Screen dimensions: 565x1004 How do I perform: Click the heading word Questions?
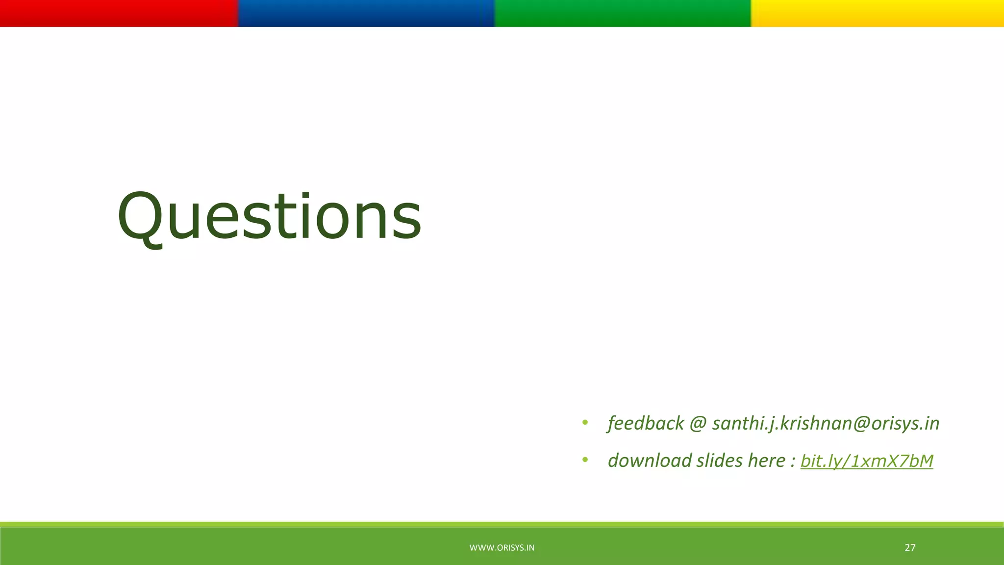[x=269, y=217]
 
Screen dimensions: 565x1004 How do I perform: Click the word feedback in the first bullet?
[x=646, y=423]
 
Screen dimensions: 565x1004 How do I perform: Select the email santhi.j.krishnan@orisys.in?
[x=826, y=423]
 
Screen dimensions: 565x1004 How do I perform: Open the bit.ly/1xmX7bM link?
[x=867, y=461]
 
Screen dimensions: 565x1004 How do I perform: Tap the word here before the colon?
[x=767, y=461]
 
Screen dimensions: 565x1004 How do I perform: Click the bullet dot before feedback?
[x=585, y=422]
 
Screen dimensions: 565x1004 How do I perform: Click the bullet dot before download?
[x=585, y=460]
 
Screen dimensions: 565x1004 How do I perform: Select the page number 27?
[x=910, y=548]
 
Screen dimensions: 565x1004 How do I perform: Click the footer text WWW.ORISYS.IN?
[x=502, y=548]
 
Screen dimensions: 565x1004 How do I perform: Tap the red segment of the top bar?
[x=119, y=13]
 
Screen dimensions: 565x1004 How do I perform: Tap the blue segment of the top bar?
[x=366, y=13]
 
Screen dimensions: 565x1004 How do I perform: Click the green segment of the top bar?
[x=623, y=13]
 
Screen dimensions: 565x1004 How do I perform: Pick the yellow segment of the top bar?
[x=878, y=13]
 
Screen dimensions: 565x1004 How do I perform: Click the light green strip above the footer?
[x=502, y=524]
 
